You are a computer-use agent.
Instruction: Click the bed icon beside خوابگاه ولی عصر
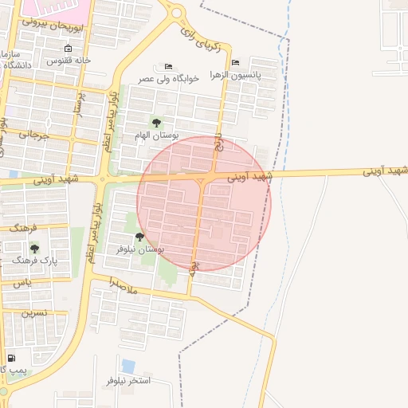[x=167, y=66]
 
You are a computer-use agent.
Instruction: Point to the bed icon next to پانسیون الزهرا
[x=235, y=63]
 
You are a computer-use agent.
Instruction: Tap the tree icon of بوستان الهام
[x=156, y=122]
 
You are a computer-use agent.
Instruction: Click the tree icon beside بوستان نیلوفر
[x=139, y=237]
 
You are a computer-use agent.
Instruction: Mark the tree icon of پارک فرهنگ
[x=34, y=249]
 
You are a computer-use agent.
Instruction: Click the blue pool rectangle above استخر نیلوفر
[x=128, y=366]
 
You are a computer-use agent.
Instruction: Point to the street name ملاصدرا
[x=124, y=287]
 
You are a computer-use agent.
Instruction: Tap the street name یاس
[x=23, y=283]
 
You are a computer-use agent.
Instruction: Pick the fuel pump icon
[x=11, y=359]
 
